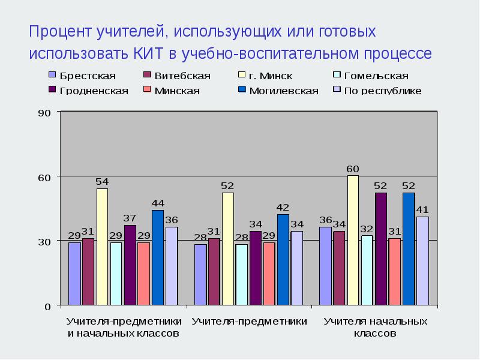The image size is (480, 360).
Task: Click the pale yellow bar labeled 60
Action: pyautogui.click(x=353, y=240)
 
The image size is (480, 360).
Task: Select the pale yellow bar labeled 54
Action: pyautogui.click(x=102, y=247)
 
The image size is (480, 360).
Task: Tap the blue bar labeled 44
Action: pyautogui.click(x=157, y=257)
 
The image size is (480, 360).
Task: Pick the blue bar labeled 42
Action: pyautogui.click(x=283, y=259)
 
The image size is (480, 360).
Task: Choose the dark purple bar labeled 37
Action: pyautogui.click(x=130, y=265)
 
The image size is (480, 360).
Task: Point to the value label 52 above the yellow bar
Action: pyautogui.click(x=227, y=186)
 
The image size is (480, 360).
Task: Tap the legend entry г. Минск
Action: pyautogui.click(x=270, y=76)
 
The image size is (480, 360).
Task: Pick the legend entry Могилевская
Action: pyautogui.click(x=283, y=91)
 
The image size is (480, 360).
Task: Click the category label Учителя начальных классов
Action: pyautogui.click(x=375, y=328)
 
